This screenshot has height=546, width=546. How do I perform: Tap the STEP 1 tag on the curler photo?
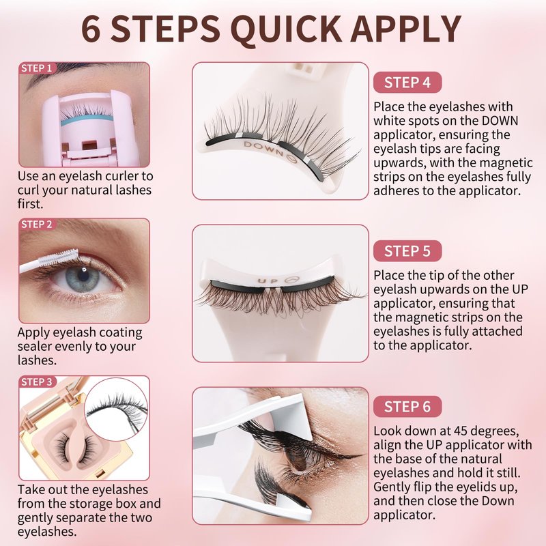[36, 68]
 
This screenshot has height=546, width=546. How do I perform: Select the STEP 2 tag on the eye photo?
[36, 225]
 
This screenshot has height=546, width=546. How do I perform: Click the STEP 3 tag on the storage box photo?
[36, 382]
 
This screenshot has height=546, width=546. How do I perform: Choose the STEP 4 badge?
[407, 83]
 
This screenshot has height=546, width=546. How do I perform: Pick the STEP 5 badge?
[407, 251]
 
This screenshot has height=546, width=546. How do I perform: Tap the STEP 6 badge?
[407, 407]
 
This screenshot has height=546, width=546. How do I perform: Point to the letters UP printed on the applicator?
[268, 281]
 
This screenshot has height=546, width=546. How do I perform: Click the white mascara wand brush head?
[60, 258]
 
